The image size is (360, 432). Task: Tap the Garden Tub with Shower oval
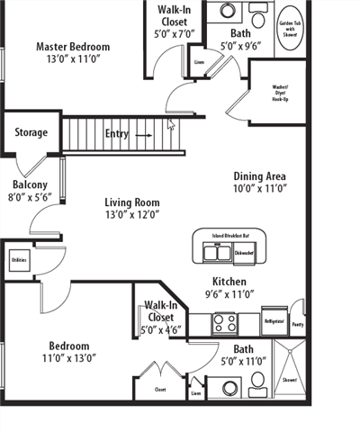(x=288, y=27)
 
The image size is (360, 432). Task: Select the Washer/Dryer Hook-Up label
(x=286, y=93)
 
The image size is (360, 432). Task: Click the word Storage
(x=31, y=132)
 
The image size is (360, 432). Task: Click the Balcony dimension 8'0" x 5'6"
(x=31, y=197)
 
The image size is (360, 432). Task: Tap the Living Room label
(x=131, y=202)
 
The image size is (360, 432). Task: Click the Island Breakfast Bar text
(x=231, y=236)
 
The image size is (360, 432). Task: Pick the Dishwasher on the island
(x=244, y=253)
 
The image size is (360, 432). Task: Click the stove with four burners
(x=223, y=321)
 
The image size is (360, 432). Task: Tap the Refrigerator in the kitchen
(x=274, y=320)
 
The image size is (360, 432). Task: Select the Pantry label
(x=298, y=325)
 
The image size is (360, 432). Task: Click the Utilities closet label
(x=19, y=260)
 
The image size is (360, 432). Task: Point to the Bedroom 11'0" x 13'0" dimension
(x=68, y=357)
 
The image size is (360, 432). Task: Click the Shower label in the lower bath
(x=290, y=380)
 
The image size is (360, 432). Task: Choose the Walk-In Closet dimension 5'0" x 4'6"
(x=161, y=329)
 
